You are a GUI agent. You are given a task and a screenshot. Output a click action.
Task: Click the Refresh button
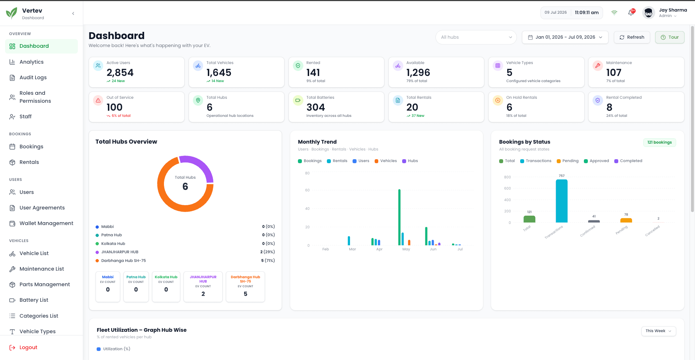pyautogui.click(x=632, y=37)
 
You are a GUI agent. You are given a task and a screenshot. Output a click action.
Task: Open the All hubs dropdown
pyautogui.click(x=476, y=37)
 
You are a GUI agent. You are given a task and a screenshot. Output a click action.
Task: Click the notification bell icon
pyautogui.click(x=631, y=13)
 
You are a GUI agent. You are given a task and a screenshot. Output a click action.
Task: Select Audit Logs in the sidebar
pyautogui.click(x=33, y=77)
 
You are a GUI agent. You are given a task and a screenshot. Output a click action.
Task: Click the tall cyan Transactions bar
pyautogui.click(x=561, y=201)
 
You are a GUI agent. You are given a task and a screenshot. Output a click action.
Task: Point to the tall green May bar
pyautogui.click(x=399, y=217)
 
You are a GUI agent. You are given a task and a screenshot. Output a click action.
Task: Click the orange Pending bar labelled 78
pyautogui.click(x=626, y=220)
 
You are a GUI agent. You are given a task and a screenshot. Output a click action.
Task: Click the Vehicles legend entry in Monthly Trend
pyautogui.click(x=386, y=161)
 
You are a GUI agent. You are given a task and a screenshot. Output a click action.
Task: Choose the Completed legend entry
pyautogui.click(x=628, y=161)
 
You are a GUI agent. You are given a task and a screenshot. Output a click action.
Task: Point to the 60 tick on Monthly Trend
pyautogui.click(x=307, y=190)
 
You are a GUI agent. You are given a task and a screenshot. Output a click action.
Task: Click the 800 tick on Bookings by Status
pyautogui.click(x=507, y=177)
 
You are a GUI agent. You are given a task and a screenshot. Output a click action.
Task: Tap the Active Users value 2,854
pyautogui.click(x=120, y=73)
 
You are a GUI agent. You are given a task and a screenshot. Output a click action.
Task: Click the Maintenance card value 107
pyautogui.click(x=614, y=73)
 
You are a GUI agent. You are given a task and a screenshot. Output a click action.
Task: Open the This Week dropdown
pyautogui.click(x=658, y=331)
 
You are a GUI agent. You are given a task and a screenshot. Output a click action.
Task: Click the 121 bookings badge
pyautogui.click(x=660, y=143)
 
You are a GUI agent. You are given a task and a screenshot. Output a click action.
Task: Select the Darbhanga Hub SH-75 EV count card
pyautogui.click(x=245, y=287)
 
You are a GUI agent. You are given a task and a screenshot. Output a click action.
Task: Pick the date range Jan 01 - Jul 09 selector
pyautogui.click(x=565, y=37)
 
